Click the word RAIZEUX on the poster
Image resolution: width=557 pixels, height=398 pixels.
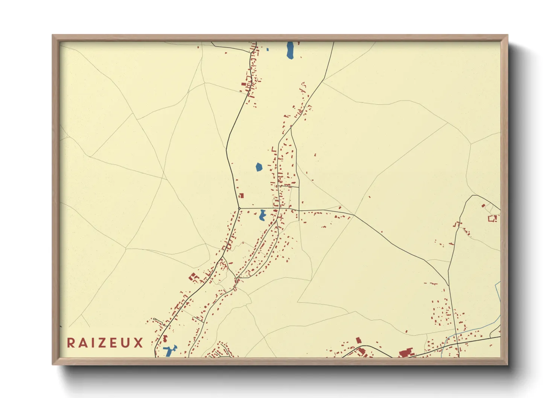[105, 343]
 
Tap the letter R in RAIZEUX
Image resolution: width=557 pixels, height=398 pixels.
[70, 343]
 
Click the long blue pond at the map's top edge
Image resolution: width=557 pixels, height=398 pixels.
[290, 50]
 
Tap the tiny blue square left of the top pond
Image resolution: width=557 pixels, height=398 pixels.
[268, 49]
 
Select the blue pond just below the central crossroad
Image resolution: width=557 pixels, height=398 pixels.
[262, 215]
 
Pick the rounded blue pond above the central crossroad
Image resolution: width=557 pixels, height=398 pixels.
[259, 167]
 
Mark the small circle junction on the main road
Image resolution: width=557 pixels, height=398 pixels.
[239, 208]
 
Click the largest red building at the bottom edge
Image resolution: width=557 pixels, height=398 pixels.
[406, 354]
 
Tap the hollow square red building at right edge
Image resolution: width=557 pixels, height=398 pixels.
[493, 218]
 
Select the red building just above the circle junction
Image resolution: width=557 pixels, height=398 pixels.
[241, 196]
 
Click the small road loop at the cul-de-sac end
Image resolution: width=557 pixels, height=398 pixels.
[164, 325]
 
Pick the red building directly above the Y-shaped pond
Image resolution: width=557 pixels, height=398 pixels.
[165, 339]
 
